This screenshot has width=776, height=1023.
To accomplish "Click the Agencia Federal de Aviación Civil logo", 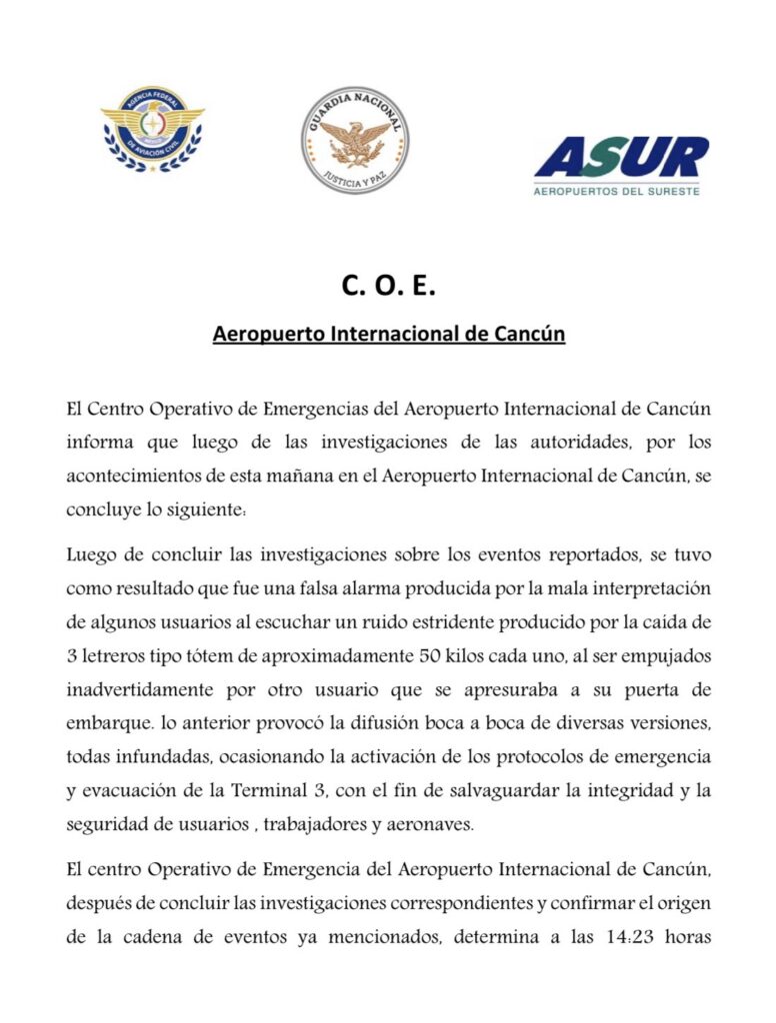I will click(152, 130).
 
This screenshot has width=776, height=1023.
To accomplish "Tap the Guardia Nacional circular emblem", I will click(355, 139).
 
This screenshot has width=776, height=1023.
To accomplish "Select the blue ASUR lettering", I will click(621, 157).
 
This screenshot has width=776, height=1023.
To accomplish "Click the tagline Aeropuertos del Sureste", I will click(617, 190).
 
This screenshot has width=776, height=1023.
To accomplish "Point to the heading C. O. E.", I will click(388, 286).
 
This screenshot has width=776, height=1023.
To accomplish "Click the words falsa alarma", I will click(377, 586).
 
